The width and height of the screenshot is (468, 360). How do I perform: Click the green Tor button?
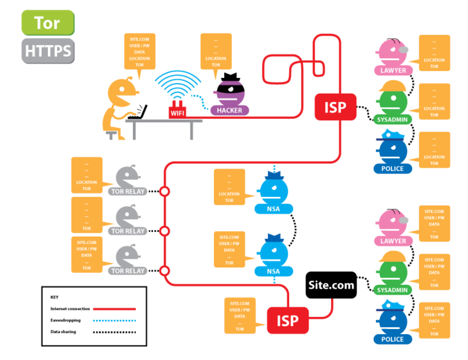[47, 23]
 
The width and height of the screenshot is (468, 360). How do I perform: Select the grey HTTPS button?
[48, 51]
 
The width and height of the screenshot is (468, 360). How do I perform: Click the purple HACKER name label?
[230, 111]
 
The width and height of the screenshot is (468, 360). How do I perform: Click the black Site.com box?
[331, 285]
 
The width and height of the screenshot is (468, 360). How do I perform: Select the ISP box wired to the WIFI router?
[335, 107]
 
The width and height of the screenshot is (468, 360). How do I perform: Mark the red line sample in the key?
[115, 309]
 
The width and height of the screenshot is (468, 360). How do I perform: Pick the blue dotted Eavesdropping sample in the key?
[115, 320]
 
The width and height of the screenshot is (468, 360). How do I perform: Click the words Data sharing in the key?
[63, 332]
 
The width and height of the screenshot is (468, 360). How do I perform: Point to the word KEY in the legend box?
[55, 297]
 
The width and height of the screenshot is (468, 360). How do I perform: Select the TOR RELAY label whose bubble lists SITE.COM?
[128, 271]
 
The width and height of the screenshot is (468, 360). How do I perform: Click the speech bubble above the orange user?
[140, 51]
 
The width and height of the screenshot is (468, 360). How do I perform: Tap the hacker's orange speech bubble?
[216, 51]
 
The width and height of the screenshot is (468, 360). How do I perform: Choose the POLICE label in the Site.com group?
[393, 339]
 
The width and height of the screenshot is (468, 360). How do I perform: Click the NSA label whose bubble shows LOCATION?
[273, 209]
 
